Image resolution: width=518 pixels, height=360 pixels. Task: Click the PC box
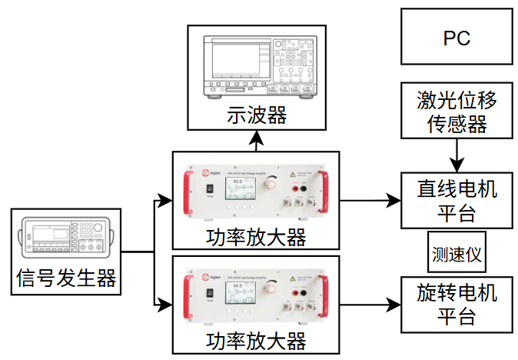pyautogui.click(x=457, y=37)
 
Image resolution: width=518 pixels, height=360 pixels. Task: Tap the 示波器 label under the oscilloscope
pyautogui.click(x=257, y=116)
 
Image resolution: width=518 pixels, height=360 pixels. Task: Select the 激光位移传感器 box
pyautogui.click(x=457, y=112)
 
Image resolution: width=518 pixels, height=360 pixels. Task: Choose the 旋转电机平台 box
pyautogui.click(x=457, y=305)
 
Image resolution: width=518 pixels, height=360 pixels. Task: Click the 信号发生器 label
pyautogui.click(x=66, y=277)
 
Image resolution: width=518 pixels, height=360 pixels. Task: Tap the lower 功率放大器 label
pyautogui.click(x=257, y=340)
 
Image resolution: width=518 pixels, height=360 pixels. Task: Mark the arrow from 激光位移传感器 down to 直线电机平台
pyautogui.click(x=457, y=154)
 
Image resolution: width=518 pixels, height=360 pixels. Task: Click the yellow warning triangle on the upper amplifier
pyautogui.click(x=294, y=175)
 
